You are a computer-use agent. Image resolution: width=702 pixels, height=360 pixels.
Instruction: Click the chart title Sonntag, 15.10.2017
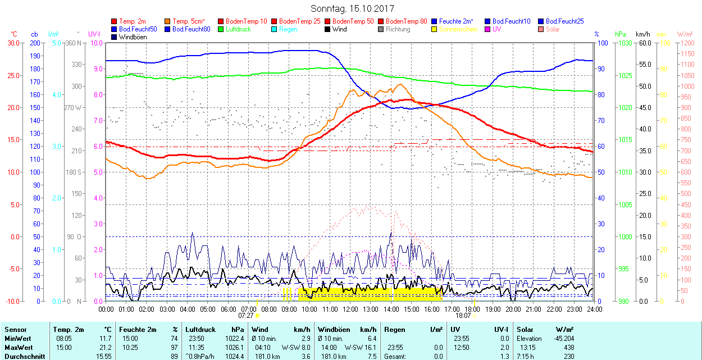[352, 8]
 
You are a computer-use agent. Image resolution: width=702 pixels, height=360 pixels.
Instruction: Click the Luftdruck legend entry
[238, 29]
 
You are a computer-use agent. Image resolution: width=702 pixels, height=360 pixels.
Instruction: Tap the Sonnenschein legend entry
[458, 29]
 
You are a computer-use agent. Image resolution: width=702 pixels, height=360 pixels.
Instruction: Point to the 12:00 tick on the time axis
[350, 308]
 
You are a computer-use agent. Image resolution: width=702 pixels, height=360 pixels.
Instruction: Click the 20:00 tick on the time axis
[513, 308]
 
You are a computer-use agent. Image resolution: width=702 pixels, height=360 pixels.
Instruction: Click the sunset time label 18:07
[463, 316]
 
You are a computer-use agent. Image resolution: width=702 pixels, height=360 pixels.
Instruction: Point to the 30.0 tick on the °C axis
[13, 43]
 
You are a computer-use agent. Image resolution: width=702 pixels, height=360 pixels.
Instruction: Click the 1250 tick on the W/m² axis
[687, 43]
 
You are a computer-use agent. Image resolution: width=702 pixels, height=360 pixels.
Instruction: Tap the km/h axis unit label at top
[642, 34]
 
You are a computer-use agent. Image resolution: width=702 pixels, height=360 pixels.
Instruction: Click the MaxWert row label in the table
[17, 347]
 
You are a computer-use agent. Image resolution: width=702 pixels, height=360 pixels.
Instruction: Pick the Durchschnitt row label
[22, 356]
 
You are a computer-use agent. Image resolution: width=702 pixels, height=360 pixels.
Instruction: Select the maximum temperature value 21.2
[105, 347]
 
